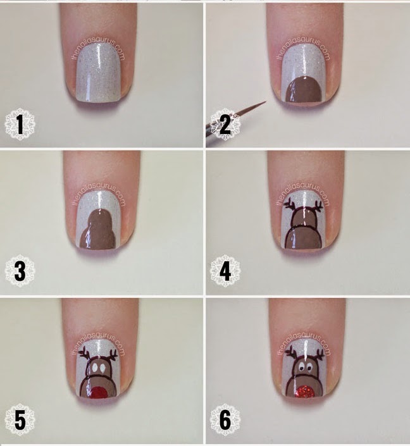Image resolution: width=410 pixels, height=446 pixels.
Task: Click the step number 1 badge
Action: coord(20,124)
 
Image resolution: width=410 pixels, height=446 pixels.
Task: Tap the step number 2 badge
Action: coord(225,124)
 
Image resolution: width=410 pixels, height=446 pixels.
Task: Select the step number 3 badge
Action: coord(20,270)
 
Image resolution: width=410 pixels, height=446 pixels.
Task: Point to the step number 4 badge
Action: coord(225,270)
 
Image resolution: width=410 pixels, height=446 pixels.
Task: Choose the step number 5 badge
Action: coord(20,419)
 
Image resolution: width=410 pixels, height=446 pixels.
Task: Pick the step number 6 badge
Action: coord(225,419)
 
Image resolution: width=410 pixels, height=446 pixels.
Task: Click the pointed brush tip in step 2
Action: coord(264,102)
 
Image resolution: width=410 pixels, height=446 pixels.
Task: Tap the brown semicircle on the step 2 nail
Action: coord(304,90)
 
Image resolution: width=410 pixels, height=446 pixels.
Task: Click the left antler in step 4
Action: coord(291,205)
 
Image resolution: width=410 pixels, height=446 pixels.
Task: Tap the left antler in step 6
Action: coord(292,352)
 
